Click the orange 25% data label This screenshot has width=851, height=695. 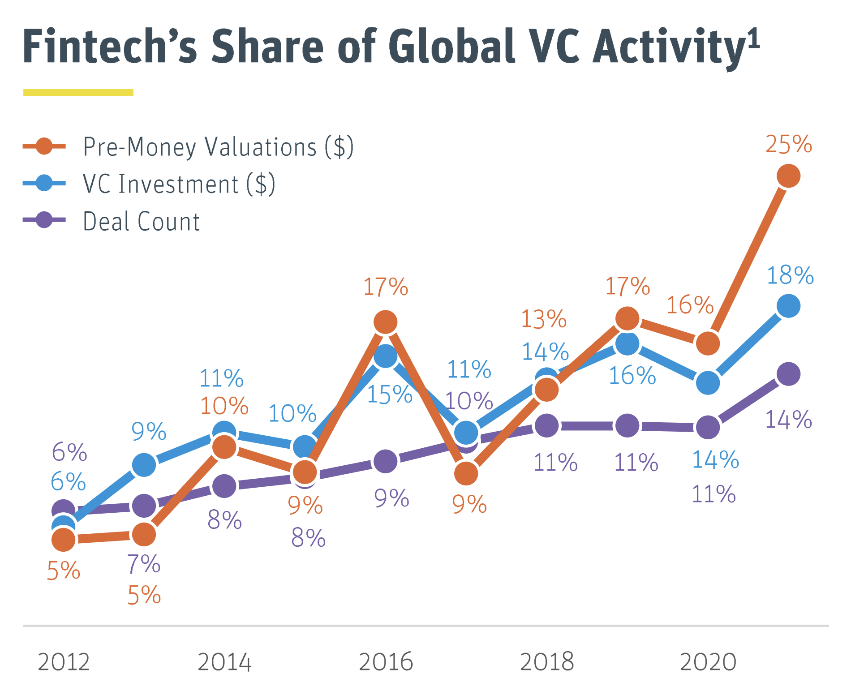pyautogui.click(x=788, y=145)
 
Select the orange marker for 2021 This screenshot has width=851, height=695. pyautogui.click(x=788, y=176)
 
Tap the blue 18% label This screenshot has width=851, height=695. pyautogui.click(x=790, y=275)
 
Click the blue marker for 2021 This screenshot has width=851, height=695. pyautogui.click(x=788, y=306)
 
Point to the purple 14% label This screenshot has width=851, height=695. pyautogui.click(x=788, y=420)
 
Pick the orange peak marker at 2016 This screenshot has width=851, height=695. pyautogui.click(x=385, y=322)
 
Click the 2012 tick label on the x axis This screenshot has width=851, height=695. pyautogui.click(x=64, y=662)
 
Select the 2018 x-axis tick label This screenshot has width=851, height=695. pyautogui.click(x=547, y=662)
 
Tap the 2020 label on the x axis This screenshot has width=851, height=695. pyautogui.click(x=708, y=662)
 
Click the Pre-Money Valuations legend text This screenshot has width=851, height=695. pyautogui.click(x=218, y=147)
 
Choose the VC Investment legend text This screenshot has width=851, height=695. pyautogui.click(x=179, y=184)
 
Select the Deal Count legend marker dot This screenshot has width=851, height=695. pyautogui.click(x=44, y=220)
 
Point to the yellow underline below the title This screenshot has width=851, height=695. pyautogui.click(x=78, y=92)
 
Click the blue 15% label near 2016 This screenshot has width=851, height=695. pyautogui.click(x=389, y=395)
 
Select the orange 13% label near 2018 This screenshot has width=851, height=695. pyautogui.click(x=544, y=319)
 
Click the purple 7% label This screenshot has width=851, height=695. pyautogui.click(x=144, y=564)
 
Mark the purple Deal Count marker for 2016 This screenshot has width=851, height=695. pyautogui.click(x=385, y=461)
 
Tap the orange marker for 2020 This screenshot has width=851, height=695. pyautogui.click(x=708, y=343)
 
